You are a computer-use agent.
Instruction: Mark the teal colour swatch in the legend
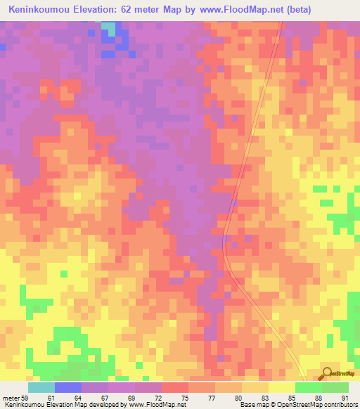coord(41,387)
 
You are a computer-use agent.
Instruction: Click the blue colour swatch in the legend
coord(67,387)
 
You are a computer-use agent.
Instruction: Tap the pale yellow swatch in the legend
coord(281,387)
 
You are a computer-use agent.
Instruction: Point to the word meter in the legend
coord(11,398)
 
